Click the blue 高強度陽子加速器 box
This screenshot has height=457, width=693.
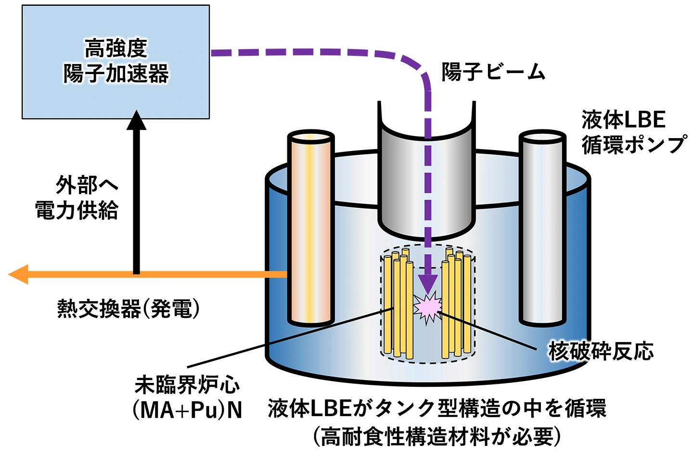[115, 62]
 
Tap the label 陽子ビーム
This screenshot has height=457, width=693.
[493, 72]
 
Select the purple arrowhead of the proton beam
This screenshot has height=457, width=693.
[427, 284]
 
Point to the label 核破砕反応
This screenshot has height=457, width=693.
[601, 351]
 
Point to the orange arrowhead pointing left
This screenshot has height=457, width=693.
[19, 274]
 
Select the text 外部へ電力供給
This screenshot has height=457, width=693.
[77, 197]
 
